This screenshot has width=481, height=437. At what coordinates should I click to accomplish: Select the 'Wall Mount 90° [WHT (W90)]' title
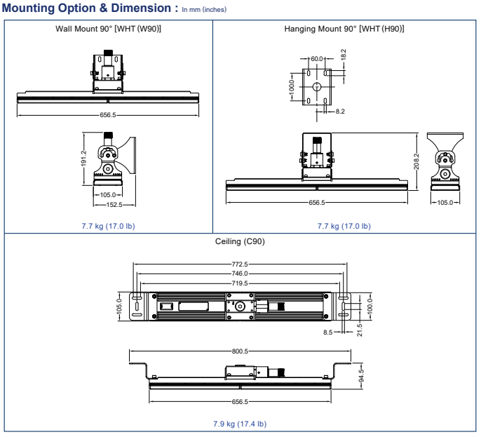click(109, 29)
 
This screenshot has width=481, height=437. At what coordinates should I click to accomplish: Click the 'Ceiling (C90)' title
click(240, 242)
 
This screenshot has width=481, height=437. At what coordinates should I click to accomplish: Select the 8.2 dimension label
click(339, 111)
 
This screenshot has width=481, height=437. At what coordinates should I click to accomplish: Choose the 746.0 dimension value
click(240, 274)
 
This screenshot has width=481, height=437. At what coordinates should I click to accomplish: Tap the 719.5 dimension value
click(240, 283)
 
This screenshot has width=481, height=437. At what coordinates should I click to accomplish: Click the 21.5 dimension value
click(360, 329)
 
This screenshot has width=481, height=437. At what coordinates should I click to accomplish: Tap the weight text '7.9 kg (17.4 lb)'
click(240, 424)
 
